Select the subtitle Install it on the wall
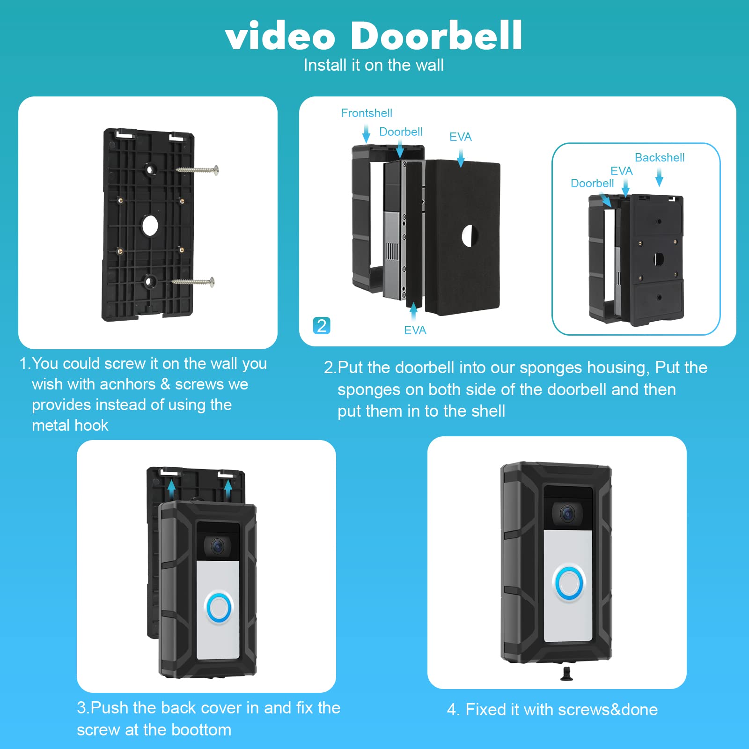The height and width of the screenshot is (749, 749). point(374,65)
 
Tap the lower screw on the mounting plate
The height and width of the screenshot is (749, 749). point(193,282)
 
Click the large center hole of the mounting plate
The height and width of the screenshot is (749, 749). point(150,226)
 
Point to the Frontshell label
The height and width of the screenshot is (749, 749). point(367,113)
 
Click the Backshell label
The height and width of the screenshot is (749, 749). point(659,158)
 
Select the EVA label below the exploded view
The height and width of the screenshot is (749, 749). point(415,330)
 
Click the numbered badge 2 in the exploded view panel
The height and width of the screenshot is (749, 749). point(322,325)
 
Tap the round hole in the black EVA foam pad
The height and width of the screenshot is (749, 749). point(470,235)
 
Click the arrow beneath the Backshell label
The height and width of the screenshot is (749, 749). point(659,178)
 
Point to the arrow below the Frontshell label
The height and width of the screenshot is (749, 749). point(366,134)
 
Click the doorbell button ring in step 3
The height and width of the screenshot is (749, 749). point(219,608)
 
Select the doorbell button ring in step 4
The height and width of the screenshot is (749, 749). point(569,583)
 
